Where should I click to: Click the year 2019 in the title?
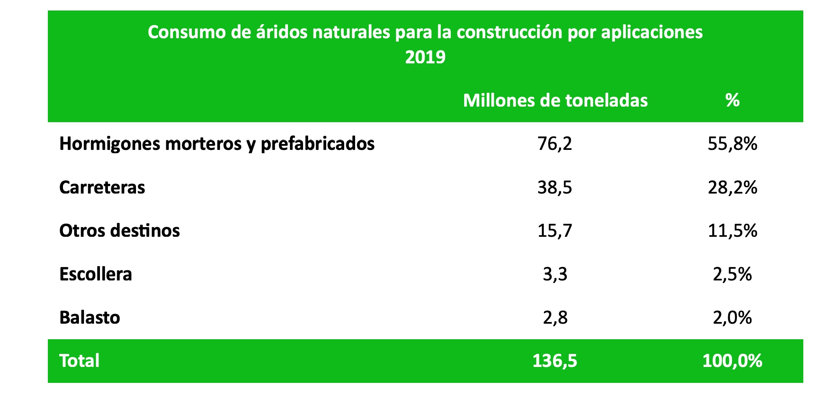pyautogui.click(x=425, y=57)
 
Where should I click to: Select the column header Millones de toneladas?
pyautogui.click(x=555, y=100)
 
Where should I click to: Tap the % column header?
pyautogui.click(x=732, y=100)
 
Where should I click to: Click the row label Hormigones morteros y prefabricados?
pyautogui.click(x=217, y=144)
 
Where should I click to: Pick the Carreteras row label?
pyautogui.click(x=102, y=187)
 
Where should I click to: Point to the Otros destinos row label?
pyautogui.click(x=119, y=231)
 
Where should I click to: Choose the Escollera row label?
pyautogui.click(x=96, y=274)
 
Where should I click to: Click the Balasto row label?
pyautogui.click(x=89, y=317)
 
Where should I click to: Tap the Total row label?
pyautogui.click(x=79, y=361)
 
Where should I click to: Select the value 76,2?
pyautogui.click(x=555, y=144)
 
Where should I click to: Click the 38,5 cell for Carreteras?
pyautogui.click(x=555, y=187)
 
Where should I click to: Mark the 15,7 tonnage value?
pyautogui.click(x=555, y=231)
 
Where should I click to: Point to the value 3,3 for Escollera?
pyautogui.click(x=555, y=274)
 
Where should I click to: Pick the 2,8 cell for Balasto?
pyautogui.click(x=555, y=317)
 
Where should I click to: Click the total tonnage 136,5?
pyautogui.click(x=555, y=361)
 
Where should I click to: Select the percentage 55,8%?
pyautogui.click(x=732, y=144)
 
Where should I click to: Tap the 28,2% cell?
pyautogui.click(x=732, y=187)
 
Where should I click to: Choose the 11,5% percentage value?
pyautogui.click(x=732, y=231)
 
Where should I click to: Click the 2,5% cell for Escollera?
pyautogui.click(x=732, y=274)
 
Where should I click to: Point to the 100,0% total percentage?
pyautogui.click(x=732, y=361)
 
